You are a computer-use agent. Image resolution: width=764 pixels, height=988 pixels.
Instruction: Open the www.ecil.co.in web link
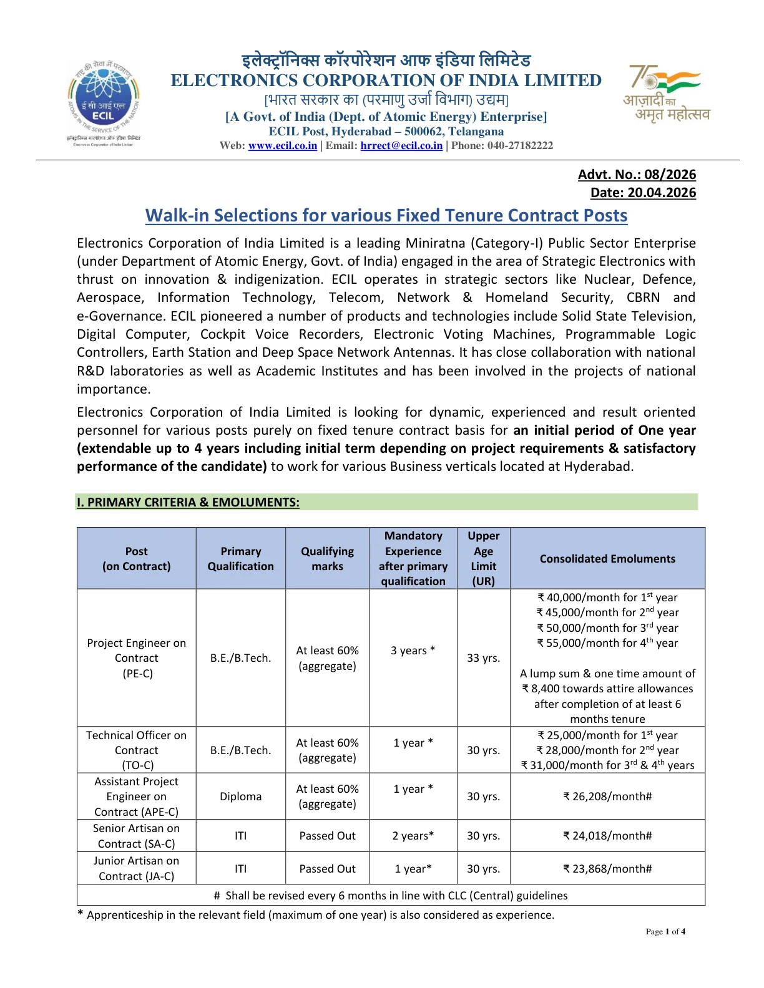click(x=282, y=146)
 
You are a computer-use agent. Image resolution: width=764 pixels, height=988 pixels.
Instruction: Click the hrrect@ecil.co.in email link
click(x=401, y=146)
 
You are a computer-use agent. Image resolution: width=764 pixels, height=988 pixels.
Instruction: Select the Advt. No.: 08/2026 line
click(x=636, y=175)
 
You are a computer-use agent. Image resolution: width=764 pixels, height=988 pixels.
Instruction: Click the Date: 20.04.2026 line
click(x=642, y=193)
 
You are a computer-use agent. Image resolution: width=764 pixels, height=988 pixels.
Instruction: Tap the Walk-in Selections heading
click(x=386, y=216)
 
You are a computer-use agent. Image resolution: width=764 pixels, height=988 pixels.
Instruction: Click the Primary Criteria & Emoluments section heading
click(x=188, y=503)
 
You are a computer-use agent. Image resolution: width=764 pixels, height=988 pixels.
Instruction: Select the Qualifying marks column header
click(x=327, y=559)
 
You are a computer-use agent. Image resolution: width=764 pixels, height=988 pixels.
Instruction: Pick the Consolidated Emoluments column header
click(x=607, y=559)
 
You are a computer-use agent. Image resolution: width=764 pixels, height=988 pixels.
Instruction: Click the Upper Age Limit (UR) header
click(x=483, y=559)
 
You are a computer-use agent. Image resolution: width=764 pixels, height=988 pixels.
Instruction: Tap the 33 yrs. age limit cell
click(x=483, y=658)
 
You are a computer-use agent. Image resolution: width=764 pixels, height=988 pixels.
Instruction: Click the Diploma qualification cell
click(x=240, y=797)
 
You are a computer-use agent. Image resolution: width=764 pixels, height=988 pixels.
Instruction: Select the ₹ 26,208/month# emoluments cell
click(x=607, y=797)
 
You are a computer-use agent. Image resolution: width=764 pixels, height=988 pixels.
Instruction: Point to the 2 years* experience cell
click(x=413, y=836)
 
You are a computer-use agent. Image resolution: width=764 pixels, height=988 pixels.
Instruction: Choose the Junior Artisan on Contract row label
click(x=136, y=868)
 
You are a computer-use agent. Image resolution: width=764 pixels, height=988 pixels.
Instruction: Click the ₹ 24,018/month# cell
click(x=607, y=836)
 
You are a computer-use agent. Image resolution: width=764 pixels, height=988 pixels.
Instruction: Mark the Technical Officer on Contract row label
click(x=136, y=750)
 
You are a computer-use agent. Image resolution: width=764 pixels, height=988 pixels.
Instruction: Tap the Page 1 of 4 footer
click(x=665, y=932)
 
